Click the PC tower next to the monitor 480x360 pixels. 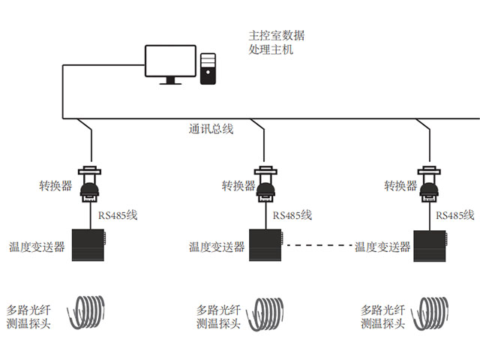tap(209, 68)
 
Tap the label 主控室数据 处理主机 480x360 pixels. tap(276, 43)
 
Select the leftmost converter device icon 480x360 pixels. tap(91, 184)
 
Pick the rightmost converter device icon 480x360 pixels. tap(429, 184)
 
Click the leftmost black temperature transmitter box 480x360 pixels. tap(88, 244)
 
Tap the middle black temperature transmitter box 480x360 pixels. tap(265, 244)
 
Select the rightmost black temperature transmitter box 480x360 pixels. tap(430, 244)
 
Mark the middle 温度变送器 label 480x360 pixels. tap(217, 247)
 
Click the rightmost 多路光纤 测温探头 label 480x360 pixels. tap(382, 316)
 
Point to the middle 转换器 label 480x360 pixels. tap(238, 186)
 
